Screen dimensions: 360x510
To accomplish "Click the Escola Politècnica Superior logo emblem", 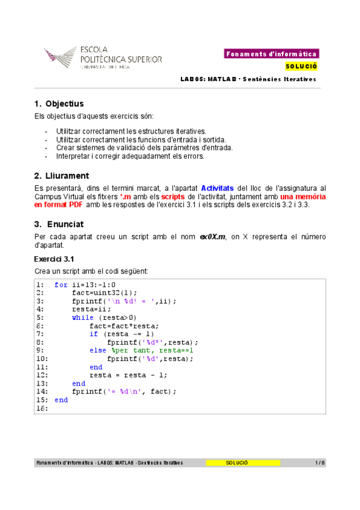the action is click(x=61, y=58).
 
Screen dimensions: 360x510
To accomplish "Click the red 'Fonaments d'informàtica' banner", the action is click(x=272, y=54).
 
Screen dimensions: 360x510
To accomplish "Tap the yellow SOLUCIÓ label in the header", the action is click(x=301, y=66).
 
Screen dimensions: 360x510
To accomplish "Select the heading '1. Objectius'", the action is click(x=59, y=103).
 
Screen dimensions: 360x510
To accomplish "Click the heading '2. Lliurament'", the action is click(x=62, y=176).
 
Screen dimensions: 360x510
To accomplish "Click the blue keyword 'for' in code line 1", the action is click(x=60, y=285).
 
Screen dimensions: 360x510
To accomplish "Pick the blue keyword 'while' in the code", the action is click(x=82, y=318).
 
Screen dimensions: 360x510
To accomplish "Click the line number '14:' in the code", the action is click(x=41, y=392).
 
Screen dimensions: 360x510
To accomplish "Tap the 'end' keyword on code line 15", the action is click(x=61, y=399).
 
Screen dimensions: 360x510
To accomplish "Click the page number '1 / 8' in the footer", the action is click(x=320, y=462).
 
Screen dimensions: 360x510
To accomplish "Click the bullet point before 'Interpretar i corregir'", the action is click(x=46, y=156).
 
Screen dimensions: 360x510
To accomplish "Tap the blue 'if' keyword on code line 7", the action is click(x=93, y=334).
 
